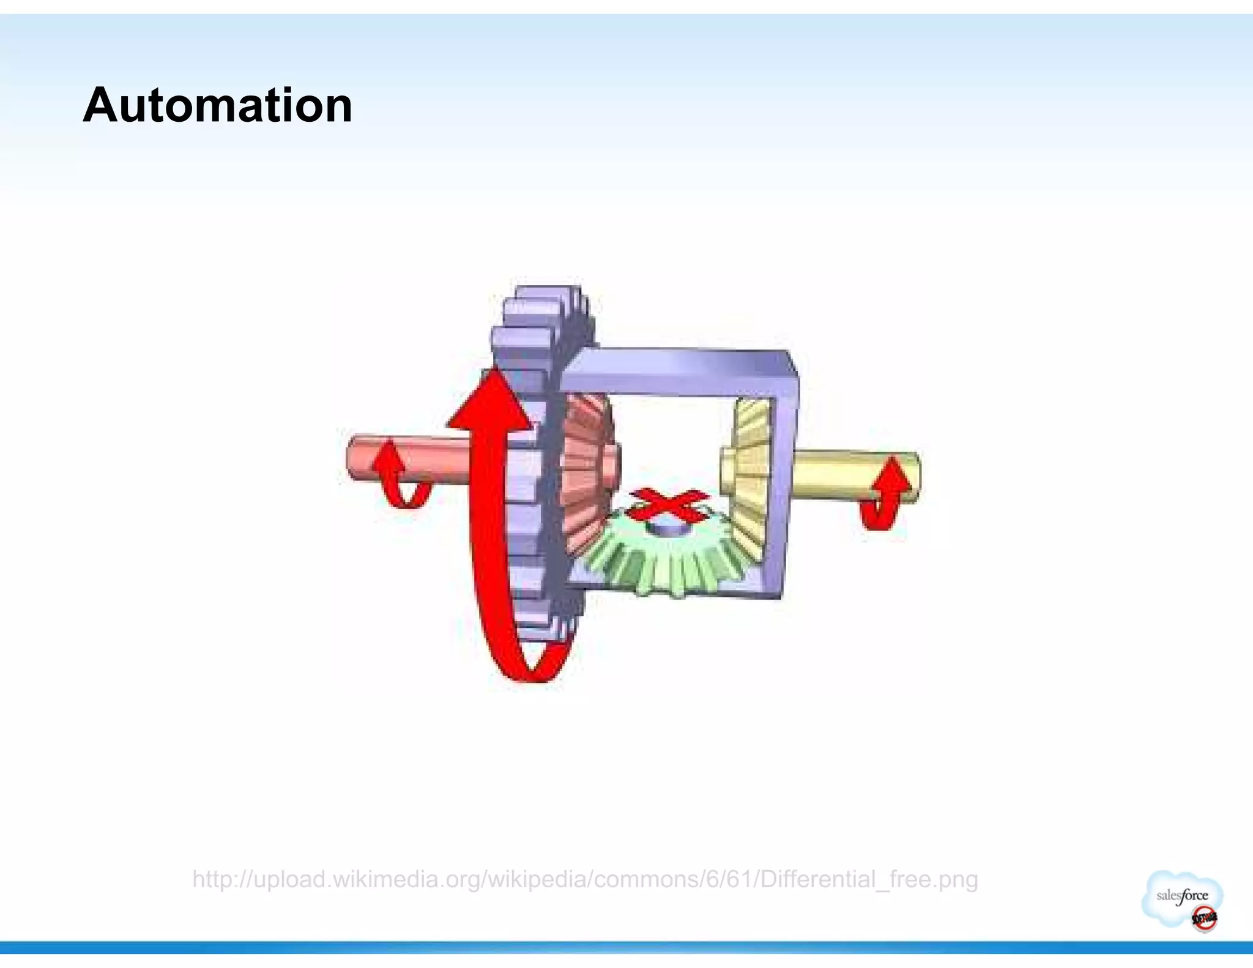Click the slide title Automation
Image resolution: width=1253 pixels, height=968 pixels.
click(217, 105)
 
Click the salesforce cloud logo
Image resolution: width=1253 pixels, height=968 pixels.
click(1181, 897)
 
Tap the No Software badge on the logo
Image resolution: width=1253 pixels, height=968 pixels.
click(1203, 918)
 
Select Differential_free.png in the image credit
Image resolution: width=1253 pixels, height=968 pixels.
click(869, 879)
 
